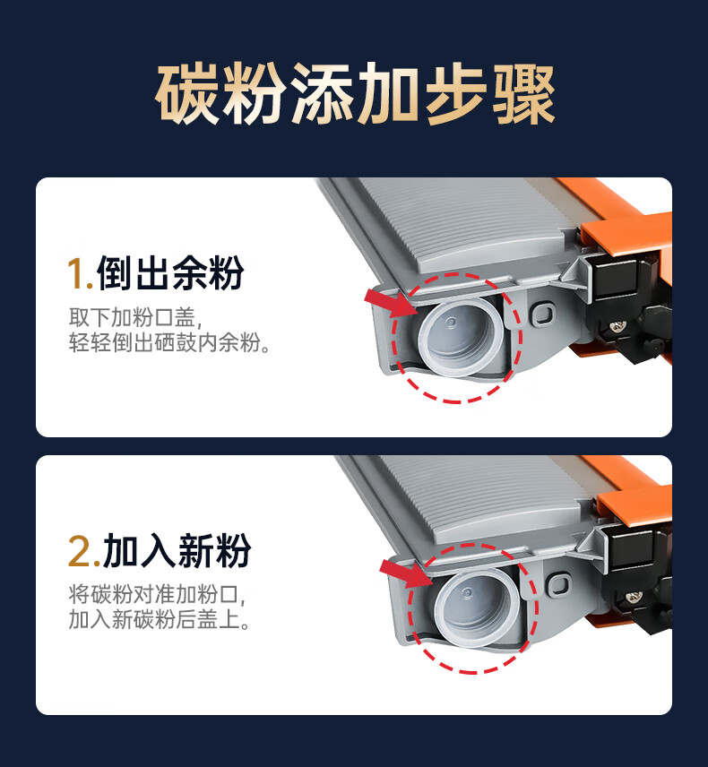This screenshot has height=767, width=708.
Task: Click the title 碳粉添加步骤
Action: [355, 93]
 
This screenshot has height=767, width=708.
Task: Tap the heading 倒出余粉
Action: [170, 272]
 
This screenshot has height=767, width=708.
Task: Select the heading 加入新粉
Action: [177, 551]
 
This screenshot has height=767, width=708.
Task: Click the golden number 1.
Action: [79, 273]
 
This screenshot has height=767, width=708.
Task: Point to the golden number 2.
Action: [83, 552]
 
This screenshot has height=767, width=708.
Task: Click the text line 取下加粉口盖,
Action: [135, 317]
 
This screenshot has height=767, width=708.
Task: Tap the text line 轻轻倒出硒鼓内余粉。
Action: [169, 342]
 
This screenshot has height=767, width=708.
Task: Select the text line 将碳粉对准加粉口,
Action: [157, 595]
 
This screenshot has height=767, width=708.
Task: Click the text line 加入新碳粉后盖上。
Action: [160, 619]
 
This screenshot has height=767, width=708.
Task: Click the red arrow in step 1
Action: [391, 302]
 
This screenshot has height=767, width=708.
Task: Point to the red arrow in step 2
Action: [406, 573]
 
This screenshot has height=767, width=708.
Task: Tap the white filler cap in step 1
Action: [460, 338]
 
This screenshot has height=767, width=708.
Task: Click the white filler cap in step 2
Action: [476, 608]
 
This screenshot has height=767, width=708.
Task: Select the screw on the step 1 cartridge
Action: [617, 324]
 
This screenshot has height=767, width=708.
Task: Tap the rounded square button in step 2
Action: [558, 584]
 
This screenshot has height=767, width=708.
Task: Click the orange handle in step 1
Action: [626, 230]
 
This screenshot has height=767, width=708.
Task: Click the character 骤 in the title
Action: [523, 93]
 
